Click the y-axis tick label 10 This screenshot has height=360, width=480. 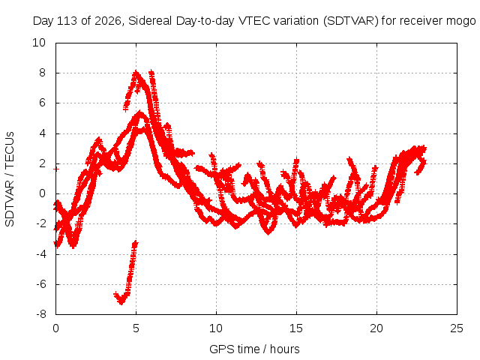tap(39, 43)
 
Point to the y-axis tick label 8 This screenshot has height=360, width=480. tap(42, 73)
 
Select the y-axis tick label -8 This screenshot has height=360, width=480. tap(41, 314)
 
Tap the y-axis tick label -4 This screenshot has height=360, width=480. tap(41, 253)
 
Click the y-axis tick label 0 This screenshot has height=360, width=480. tap(42, 193)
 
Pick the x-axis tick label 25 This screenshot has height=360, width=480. tap(457, 328)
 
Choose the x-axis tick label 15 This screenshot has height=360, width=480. tap(296, 328)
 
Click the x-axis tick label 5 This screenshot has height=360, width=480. tap(136, 328)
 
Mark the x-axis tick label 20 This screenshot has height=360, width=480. tap(376, 328)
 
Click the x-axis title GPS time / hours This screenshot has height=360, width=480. tap(254, 349)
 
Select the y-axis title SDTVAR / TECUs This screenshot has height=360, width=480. tap(10, 179)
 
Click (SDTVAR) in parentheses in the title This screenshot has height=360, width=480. tap(351, 21)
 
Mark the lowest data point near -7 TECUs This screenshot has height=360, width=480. tap(121, 302)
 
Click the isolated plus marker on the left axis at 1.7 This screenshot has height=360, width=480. tap(56, 169)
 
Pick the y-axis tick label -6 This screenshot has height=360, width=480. tap(41, 284)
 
